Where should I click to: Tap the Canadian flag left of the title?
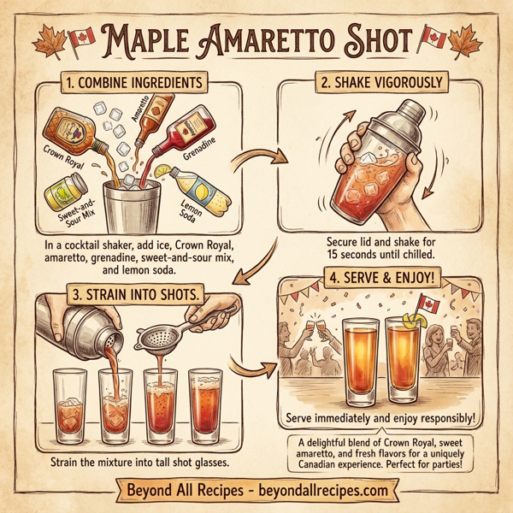point(80,37)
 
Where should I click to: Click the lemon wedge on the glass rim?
point(416,322)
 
